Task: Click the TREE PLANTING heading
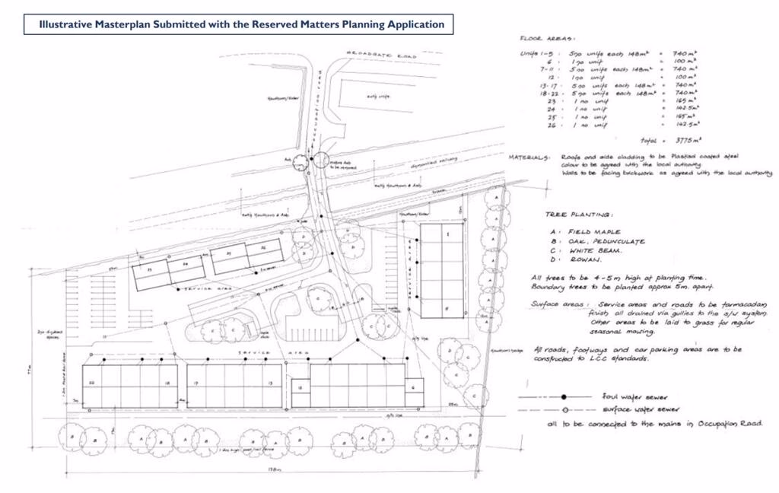pyautogui.click(x=579, y=215)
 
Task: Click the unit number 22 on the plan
pyautogui.click(x=92, y=383)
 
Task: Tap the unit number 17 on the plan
pyautogui.click(x=196, y=383)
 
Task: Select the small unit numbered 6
pyautogui.click(x=412, y=387)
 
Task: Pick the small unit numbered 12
pyautogui.click(x=300, y=388)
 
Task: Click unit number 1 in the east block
pyautogui.click(x=448, y=233)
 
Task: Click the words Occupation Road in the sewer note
pyautogui.click(x=730, y=423)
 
